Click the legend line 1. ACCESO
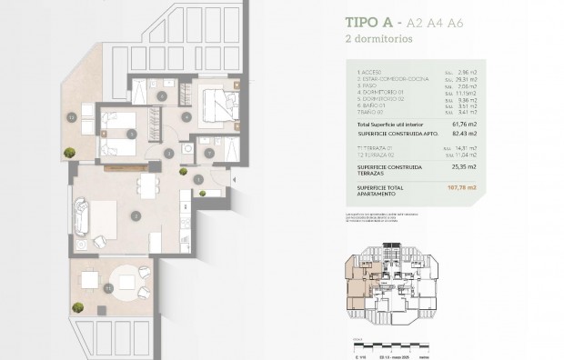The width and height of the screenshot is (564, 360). [370, 72]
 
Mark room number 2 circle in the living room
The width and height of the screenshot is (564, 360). [135, 216]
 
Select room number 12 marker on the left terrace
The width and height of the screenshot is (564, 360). [70, 117]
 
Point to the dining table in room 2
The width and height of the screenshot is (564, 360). [145, 187]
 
